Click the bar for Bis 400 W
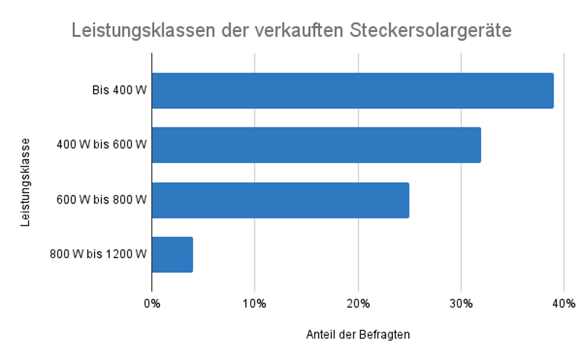point(352,91)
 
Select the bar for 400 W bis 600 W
point(316,145)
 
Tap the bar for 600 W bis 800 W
point(280,200)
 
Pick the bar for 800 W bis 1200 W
point(172,255)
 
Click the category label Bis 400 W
point(119,91)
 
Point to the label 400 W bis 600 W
point(102,145)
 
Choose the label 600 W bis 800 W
point(102,200)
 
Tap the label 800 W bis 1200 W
point(98,255)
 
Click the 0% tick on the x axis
point(151,303)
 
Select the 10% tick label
point(254,303)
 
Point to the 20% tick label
point(358,303)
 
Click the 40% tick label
point(564,303)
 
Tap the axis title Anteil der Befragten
point(357,335)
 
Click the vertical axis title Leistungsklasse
point(25,182)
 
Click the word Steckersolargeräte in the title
point(431,31)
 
